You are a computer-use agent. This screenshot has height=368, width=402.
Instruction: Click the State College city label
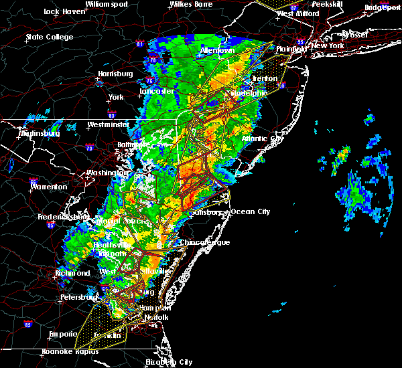(x=49, y=37)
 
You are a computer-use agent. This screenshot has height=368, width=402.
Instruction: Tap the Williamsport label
(x=106, y=4)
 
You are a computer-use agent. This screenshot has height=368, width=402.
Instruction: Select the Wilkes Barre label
(x=190, y=4)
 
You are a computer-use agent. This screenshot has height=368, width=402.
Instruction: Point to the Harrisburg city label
(x=115, y=74)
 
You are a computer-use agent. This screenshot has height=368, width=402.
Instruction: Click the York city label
(x=115, y=97)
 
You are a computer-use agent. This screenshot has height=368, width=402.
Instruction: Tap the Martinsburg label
(x=39, y=133)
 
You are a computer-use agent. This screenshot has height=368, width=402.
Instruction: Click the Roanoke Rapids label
(x=68, y=351)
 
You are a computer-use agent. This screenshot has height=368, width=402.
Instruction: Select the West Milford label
(x=295, y=13)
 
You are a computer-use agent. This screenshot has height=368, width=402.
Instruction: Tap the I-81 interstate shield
(x=139, y=45)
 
